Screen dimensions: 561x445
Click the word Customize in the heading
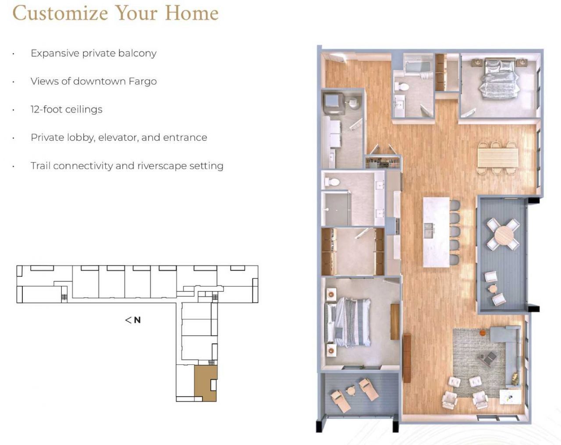point(60,13)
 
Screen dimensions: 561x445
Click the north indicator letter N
point(137,320)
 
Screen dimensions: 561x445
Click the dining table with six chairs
point(497,157)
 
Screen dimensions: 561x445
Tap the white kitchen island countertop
point(436,232)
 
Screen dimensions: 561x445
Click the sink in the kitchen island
point(429,230)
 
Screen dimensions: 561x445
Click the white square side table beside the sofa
point(510,397)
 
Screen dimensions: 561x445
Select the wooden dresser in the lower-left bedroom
point(395,322)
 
